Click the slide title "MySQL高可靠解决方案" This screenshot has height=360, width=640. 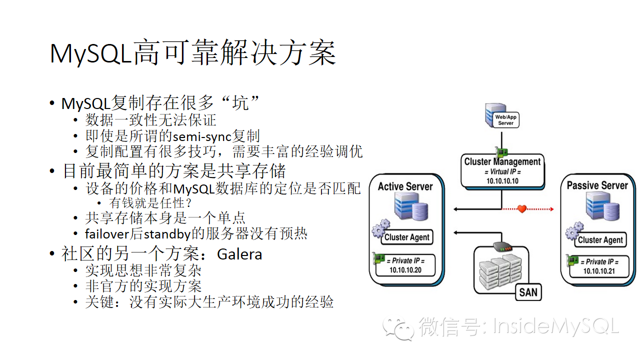(x=192, y=53)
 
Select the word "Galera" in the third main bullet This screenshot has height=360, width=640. (x=239, y=254)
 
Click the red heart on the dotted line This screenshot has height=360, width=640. (x=522, y=208)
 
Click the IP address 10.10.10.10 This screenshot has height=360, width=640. (x=502, y=181)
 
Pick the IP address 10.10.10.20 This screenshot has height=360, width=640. (x=405, y=270)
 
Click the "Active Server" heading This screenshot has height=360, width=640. (x=405, y=186)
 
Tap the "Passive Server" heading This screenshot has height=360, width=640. (x=597, y=185)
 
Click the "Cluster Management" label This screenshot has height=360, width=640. (x=502, y=161)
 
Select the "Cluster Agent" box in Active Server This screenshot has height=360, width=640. (x=406, y=237)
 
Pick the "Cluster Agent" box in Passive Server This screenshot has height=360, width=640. (x=600, y=240)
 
